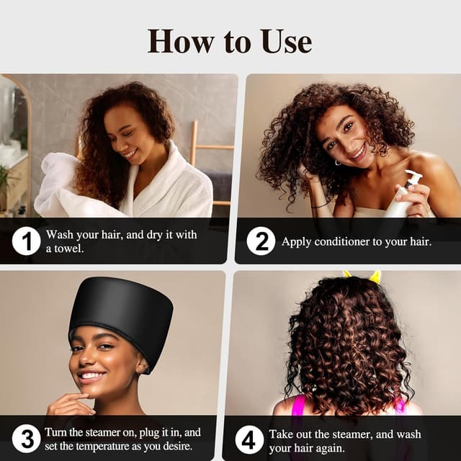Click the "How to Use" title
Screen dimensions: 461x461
coord(230,40)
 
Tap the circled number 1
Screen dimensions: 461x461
coord(26,241)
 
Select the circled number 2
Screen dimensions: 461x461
coord(261,241)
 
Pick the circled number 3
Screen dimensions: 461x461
coord(26,439)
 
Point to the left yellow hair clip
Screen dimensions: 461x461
coord(348,274)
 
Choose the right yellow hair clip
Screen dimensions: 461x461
coord(375,277)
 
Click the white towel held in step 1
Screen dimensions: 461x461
coord(65,187)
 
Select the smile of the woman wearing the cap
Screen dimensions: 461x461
coord(91,375)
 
